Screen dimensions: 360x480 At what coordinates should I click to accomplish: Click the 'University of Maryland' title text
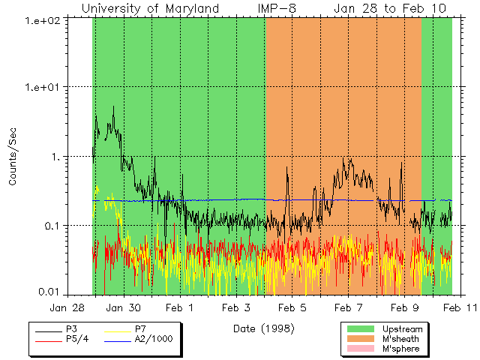click(x=150, y=8)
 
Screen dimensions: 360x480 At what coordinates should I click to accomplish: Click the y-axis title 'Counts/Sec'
click(x=13, y=157)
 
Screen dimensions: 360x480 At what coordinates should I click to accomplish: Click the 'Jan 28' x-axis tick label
click(x=67, y=307)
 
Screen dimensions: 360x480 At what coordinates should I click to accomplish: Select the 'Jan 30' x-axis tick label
click(x=124, y=307)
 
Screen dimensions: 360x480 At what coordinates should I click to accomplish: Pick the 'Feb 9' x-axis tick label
click(x=404, y=307)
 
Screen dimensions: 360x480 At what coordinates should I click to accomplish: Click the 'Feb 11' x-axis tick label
click(x=459, y=307)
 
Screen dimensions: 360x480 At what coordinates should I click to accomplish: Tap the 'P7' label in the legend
click(x=139, y=328)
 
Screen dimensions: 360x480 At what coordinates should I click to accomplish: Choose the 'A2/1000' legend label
click(x=151, y=339)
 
